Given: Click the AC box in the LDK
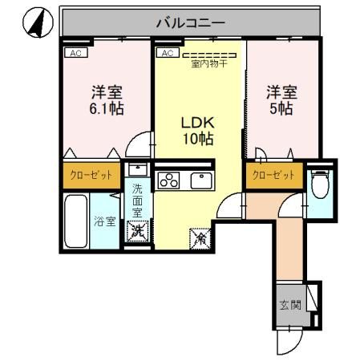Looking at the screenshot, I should tap(168, 53).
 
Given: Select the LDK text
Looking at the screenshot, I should tap(196, 123).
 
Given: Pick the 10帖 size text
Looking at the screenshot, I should tap(196, 140).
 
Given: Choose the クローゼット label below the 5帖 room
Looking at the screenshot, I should tap(273, 175).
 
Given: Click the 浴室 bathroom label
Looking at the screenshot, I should tap(105, 221).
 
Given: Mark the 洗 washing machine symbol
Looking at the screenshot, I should tap(137, 232).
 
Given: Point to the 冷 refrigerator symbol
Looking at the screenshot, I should tap(199, 238).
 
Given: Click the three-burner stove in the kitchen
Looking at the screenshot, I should tap(168, 180).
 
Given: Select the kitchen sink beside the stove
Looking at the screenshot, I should tap(200, 180).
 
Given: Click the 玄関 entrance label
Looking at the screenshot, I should tap(290, 305).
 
